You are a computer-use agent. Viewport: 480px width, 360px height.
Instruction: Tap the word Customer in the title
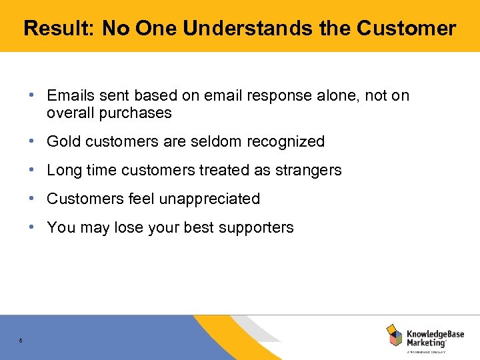(406, 29)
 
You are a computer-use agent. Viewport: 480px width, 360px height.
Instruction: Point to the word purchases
(135, 113)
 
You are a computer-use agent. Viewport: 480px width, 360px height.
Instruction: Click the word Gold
(64, 142)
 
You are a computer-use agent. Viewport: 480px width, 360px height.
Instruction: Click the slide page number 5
(21, 341)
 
